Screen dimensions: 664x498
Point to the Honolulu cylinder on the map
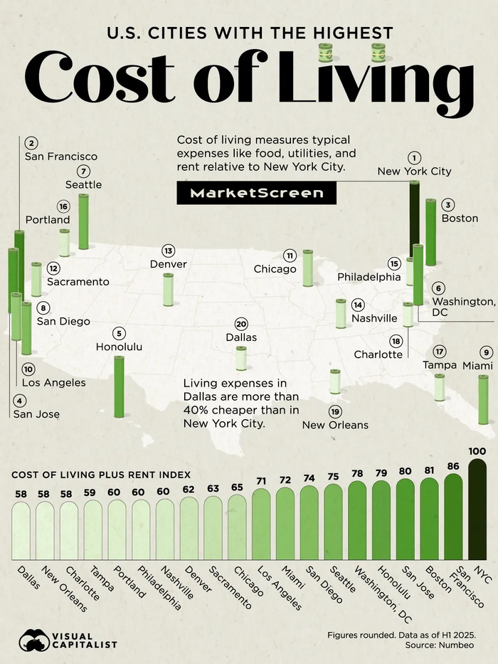point(119,386)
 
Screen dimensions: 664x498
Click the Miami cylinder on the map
point(484,399)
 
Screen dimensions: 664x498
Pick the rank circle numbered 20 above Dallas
point(241,324)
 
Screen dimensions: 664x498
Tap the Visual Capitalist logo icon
point(34,640)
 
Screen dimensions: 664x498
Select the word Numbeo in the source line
point(455,644)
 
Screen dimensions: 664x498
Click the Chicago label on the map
point(275,269)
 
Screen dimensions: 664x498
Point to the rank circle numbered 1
point(414,158)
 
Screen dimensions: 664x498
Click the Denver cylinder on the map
point(168,289)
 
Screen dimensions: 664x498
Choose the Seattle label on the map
point(84,184)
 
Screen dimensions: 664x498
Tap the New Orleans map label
point(335,425)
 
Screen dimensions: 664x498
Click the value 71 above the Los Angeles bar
point(261,481)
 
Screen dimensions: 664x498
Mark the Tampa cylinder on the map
point(440,386)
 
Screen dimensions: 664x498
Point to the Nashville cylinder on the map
point(341,313)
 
